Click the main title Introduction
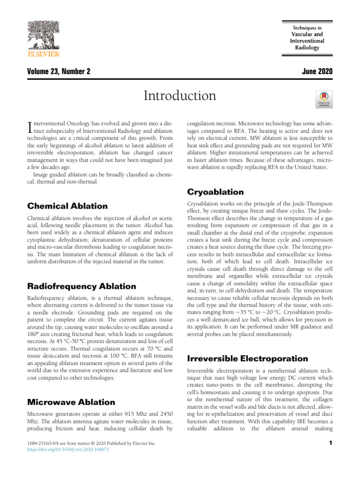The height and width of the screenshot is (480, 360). pyautogui.click(x=180, y=96)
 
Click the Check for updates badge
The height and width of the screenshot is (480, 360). pyautogui.click(x=324, y=99)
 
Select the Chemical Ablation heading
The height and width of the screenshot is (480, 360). pyautogui.click(x=67, y=206)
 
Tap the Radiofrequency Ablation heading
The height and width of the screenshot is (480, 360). pyautogui.click(x=82, y=286)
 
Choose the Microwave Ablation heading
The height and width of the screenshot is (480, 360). pyautogui.click(x=71, y=402)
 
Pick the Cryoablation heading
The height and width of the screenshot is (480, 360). pyautogui.click(x=215, y=192)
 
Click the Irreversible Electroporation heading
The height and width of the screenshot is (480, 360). pyautogui.click(x=247, y=359)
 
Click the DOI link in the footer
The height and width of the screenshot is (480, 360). pyautogui.click(x=68, y=449)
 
